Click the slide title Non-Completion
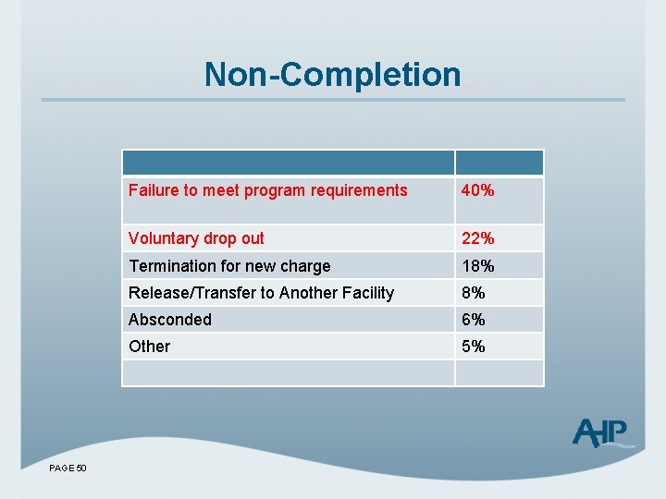[332, 74]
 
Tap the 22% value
[478, 238]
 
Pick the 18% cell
[478, 266]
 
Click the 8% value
[474, 293]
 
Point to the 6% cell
[474, 320]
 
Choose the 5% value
[474, 347]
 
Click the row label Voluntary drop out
[196, 238]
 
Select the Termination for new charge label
[229, 266]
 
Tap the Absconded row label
[170, 320]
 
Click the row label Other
[150, 347]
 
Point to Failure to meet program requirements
[267, 190]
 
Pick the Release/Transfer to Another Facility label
[261, 293]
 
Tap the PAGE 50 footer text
[68, 469]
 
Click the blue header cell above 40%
[499, 163]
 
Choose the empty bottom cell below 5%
[499, 372]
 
